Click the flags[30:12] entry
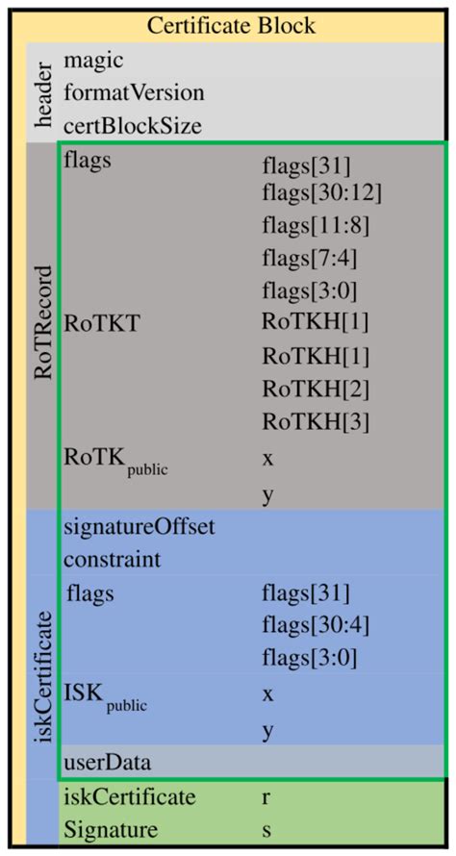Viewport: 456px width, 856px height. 322,193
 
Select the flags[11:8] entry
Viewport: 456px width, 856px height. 316,226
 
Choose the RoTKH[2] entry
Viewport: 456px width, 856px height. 316,388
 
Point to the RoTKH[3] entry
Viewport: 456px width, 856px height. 316,420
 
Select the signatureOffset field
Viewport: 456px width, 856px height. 138,527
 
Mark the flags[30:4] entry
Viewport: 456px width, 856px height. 316,626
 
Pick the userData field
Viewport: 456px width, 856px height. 102,763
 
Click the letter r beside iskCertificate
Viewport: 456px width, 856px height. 266,797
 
